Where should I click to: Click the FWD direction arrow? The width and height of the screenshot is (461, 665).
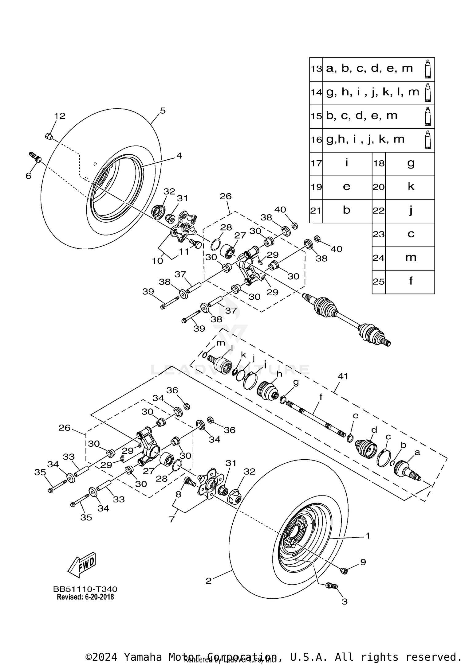[x=82, y=565]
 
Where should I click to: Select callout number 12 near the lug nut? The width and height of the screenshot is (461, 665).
[x=60, y=116]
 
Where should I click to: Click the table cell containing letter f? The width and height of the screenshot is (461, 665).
[x=410, y=281]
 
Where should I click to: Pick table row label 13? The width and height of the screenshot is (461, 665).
[x=316, y=69]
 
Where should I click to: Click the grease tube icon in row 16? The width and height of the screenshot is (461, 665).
[x=428, y=140]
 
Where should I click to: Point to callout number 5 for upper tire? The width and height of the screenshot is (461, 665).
[x=163, y=111]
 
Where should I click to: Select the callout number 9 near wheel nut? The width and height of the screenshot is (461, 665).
[x=363, y=562]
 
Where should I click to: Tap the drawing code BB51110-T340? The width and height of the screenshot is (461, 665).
[x=85, y=589]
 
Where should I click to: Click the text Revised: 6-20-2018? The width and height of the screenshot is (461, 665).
[x=85, y=597]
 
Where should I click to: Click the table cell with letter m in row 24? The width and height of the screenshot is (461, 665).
[x=410, y=258]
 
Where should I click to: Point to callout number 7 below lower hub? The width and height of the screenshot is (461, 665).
[x=172, y=519]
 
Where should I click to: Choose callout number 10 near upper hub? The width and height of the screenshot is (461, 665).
[x=157, y=261]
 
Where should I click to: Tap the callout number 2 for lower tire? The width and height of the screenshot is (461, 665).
[x=209, y=581]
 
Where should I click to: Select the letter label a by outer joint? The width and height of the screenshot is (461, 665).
[x=417, y=452]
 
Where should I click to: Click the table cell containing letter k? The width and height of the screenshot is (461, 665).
[x=410, y=187]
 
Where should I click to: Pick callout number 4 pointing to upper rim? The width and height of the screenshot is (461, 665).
[x=179, y=156]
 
